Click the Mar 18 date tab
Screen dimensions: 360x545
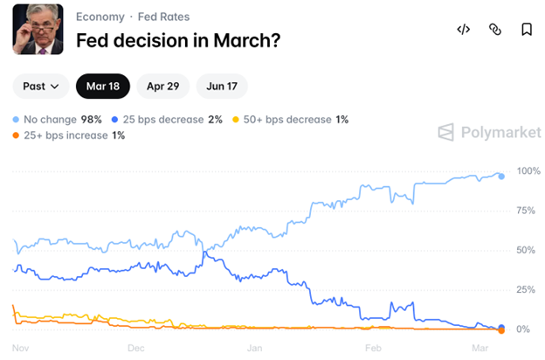point(102,86)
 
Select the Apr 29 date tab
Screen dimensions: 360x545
point(162,86)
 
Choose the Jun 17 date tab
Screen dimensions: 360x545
point(222,86)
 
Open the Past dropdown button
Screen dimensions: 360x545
point(40,86)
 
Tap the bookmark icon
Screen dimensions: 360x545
point(527,29)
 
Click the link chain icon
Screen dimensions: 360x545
point(495,29)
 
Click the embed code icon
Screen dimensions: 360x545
point(464,29)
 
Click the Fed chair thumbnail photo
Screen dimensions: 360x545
point(38,29)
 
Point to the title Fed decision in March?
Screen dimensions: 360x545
point(178,40)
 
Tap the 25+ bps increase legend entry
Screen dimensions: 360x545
point(69,135)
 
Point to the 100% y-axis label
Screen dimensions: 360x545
point(528,170)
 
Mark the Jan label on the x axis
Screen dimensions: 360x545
point(255,347)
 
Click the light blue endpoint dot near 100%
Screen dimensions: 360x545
point(501,176)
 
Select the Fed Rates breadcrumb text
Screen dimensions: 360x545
point(163,17)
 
